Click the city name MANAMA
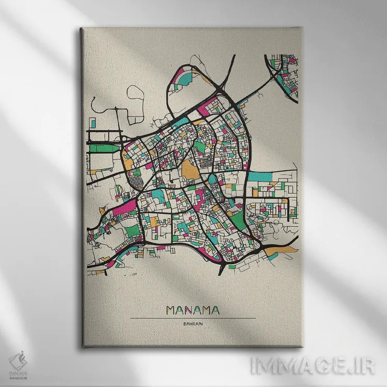tap(193, 310)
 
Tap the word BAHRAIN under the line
tap(193, 324)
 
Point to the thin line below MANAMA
tap(193, 318)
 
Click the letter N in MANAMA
tap(192, 310)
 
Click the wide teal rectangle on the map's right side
tap(260, 176)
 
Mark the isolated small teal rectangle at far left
tap(93, 123)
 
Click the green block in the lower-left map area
tap(133, 230)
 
